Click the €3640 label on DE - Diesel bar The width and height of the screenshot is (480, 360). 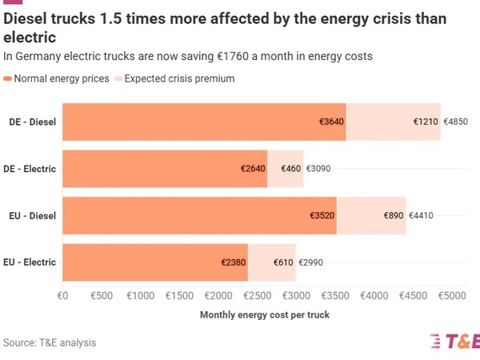click(331, 122)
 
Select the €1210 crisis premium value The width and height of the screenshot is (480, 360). click(426, 122)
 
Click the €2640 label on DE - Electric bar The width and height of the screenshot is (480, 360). click(253, 169)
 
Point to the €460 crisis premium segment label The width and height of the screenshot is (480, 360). click(291, 169)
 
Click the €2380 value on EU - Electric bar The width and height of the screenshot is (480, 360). click(234, 262)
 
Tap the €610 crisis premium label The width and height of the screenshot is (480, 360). click(282, 262)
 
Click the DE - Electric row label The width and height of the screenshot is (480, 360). click(30, 169)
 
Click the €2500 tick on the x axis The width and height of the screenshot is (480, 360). click(257, 296)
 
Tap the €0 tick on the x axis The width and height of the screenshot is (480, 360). click(63, 296)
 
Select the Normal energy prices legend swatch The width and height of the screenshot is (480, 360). click(8, 78)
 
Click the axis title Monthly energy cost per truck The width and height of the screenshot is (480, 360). click(264, 314)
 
